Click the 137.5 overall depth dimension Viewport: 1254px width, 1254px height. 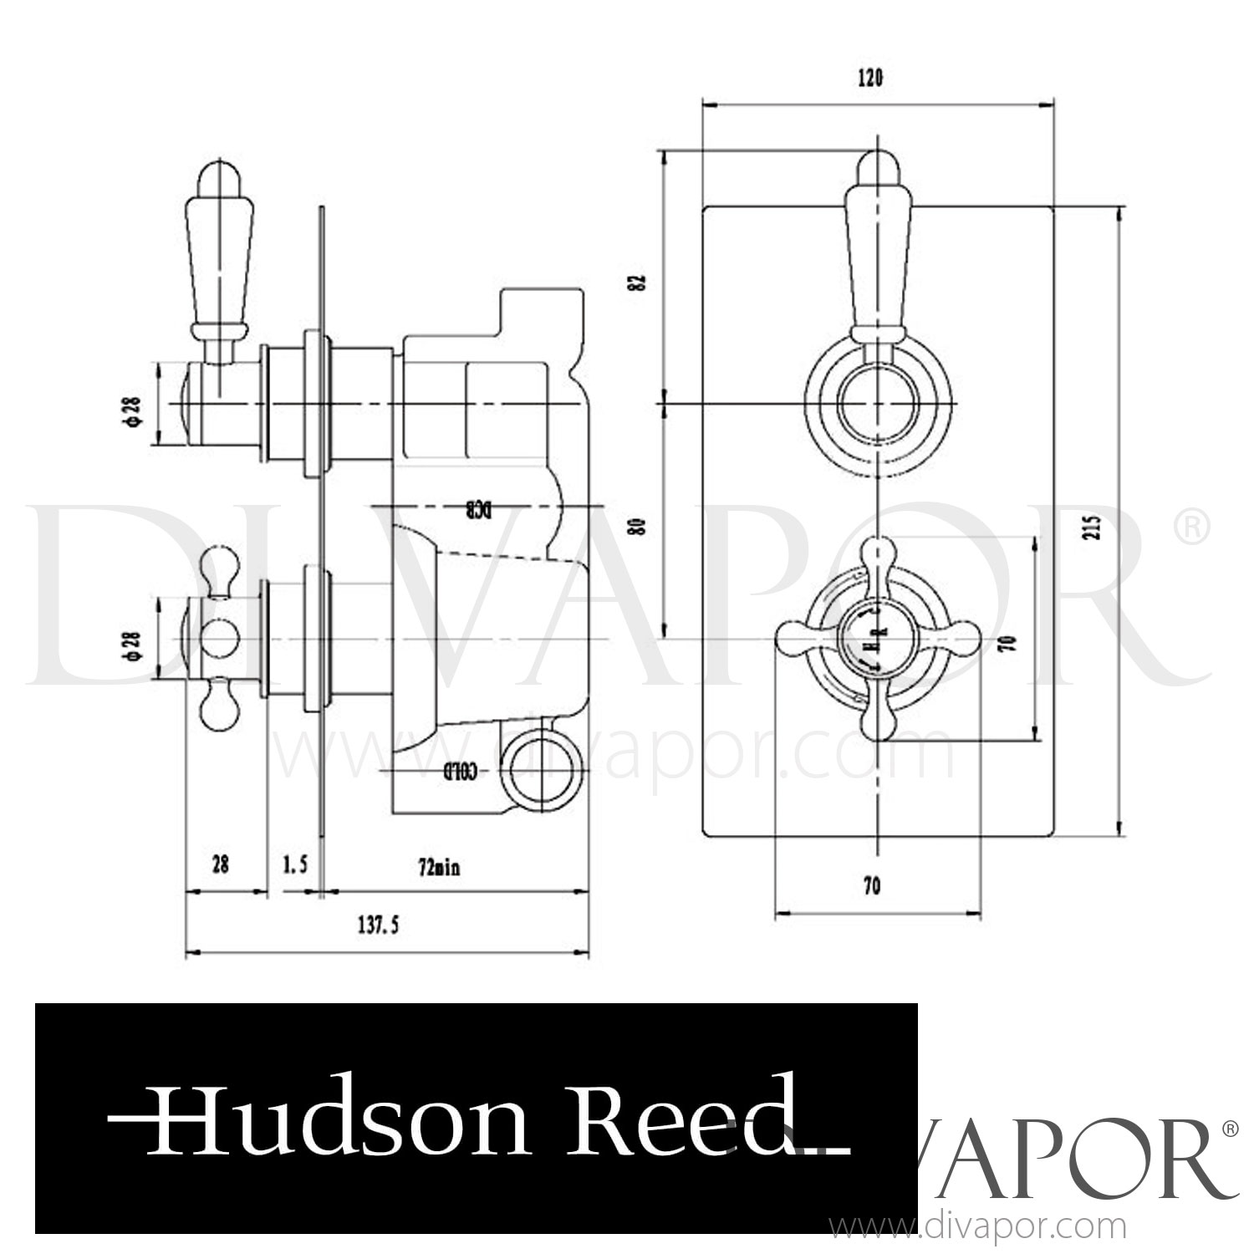pos(377,925)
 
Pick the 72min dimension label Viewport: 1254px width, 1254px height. pos(440,868)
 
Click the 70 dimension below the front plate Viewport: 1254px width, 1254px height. pos(871,886)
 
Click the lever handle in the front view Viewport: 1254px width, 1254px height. pos(877,251)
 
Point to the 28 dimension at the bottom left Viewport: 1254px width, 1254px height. pos(220,864)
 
